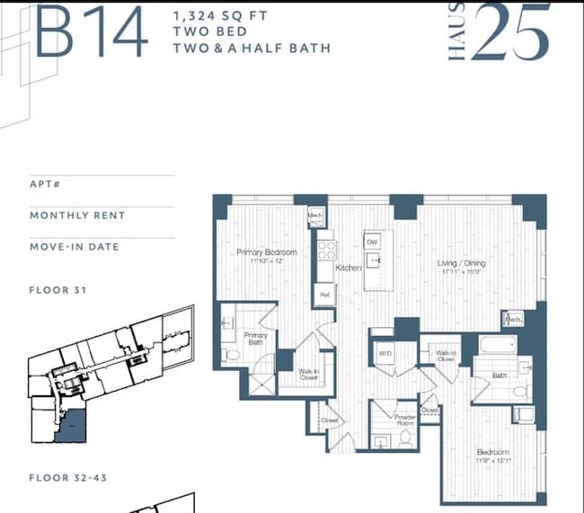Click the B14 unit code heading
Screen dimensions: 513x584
coord(91,33)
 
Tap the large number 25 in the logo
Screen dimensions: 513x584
coord(509,33)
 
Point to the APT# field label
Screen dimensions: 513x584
coord(46,184)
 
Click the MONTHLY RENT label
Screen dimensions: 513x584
coord(77,216)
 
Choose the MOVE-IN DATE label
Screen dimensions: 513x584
coord(74,246)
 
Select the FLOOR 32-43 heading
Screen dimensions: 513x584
coord(68,477)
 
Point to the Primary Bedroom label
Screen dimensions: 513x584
coord(267,252)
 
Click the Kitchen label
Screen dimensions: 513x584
coord(349,268)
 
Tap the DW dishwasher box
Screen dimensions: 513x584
coord(372,242)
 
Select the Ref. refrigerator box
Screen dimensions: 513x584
coord(324,294)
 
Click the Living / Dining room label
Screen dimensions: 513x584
coord(461,263)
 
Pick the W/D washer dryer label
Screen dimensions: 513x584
coord(385,354)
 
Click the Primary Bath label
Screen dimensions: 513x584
coord(256,340)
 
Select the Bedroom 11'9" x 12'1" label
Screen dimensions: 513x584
coord(492,456)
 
